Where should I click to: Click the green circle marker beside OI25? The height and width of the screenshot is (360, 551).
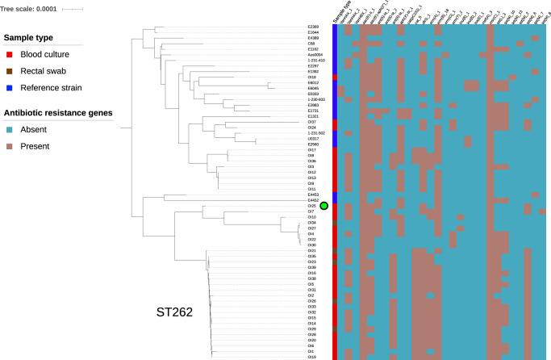point(324,206)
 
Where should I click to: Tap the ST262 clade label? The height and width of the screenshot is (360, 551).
point(173,312)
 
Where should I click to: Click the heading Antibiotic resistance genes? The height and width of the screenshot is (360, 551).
point(58,112)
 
